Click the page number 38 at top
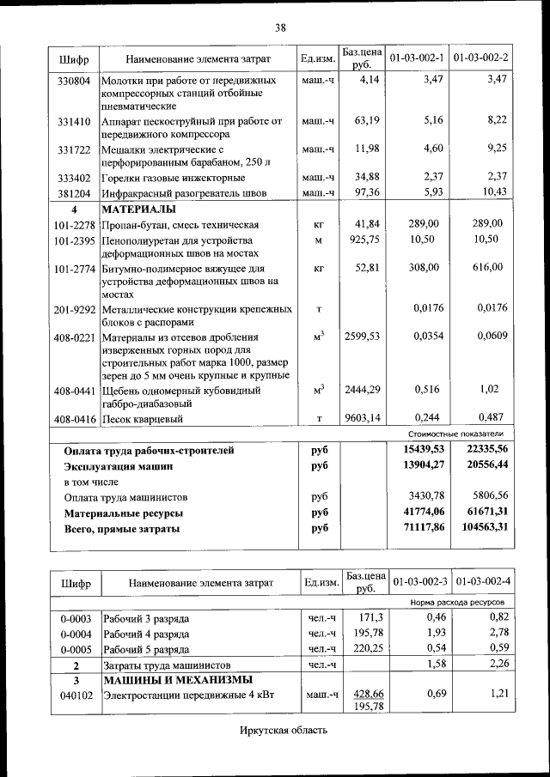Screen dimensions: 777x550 point(280,27)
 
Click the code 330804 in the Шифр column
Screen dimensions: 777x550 point(74,81)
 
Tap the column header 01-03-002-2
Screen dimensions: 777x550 point(480,58)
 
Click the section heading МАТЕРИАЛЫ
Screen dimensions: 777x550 point(139,209)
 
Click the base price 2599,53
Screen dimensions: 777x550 point(362,337)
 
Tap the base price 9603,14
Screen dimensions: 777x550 point(362,419)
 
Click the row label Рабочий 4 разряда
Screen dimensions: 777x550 point(146,634)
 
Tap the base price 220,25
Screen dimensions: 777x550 point(365,649)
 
